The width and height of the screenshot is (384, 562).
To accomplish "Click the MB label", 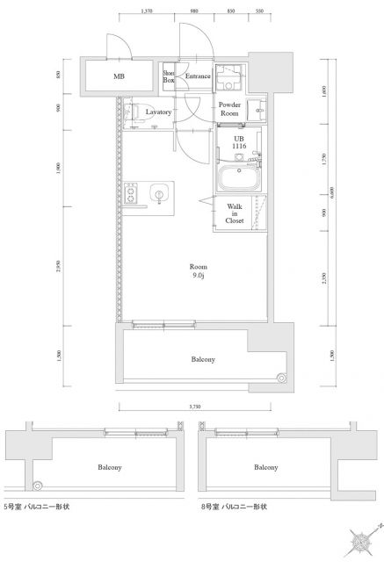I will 118,77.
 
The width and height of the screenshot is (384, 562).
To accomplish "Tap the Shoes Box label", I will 169,77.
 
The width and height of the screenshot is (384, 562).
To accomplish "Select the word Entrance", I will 197,77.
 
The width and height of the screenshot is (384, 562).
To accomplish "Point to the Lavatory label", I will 158,112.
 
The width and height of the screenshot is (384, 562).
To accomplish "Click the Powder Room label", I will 229,110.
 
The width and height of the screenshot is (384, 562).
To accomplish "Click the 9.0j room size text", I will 199,276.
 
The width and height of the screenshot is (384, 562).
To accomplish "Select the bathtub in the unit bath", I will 236,180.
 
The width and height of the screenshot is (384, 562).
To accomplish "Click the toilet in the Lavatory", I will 131,112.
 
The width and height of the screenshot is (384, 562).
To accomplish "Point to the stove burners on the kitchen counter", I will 131,193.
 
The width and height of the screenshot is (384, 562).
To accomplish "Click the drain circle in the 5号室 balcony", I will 37,485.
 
